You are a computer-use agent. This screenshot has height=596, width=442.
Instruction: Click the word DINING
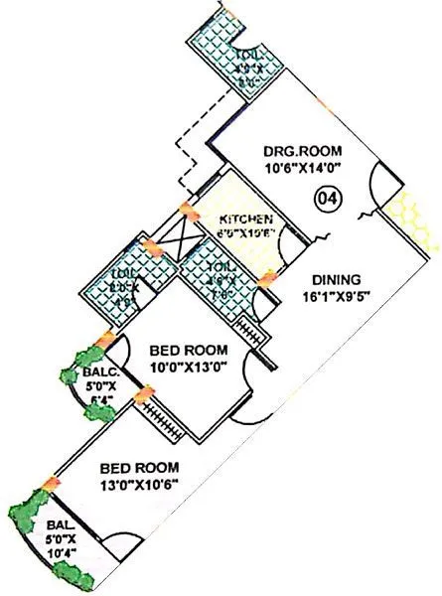[x=335, y=280]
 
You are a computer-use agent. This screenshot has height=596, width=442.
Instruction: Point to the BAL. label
[x=50, y=526]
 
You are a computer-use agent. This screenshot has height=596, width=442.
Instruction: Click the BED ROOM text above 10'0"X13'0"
[x=188, y=350]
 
